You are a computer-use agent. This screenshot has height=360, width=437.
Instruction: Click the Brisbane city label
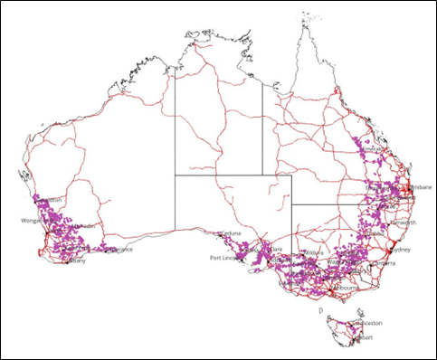(419, 188)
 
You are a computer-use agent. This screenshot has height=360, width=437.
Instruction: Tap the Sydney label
(404, 249)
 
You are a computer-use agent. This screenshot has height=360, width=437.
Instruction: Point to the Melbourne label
(345, 288)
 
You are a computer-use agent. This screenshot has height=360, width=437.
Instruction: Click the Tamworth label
(403, 222)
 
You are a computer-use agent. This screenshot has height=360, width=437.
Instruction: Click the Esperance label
(119, 249)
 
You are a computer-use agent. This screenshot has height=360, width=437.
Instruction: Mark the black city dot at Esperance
(106, 249)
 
